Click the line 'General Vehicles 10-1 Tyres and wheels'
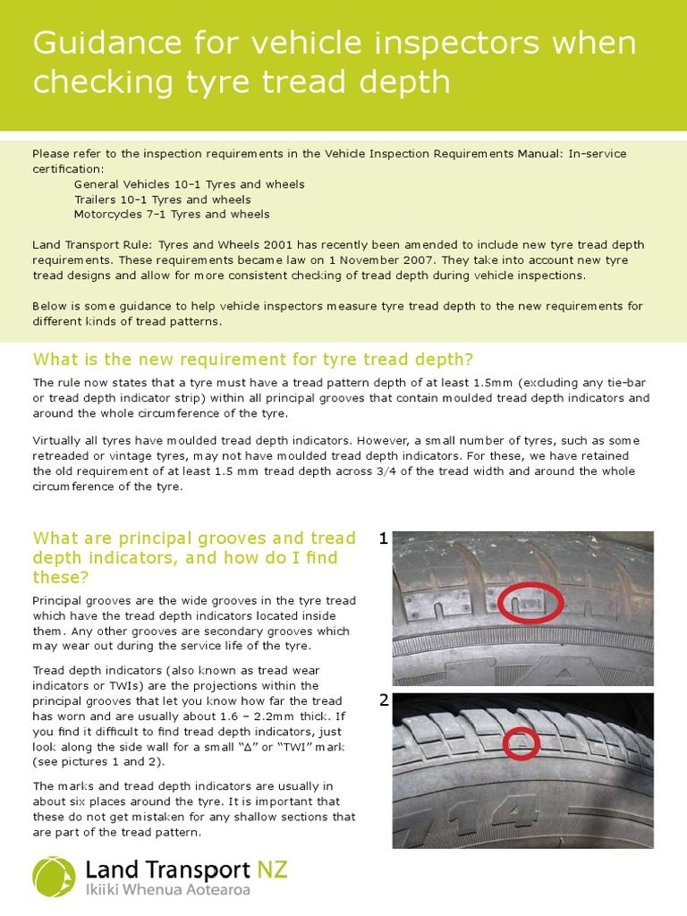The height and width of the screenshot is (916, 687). pyautogui.click(x=189, y=184)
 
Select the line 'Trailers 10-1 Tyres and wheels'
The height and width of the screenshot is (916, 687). pyautogui.click(x=162, y=199)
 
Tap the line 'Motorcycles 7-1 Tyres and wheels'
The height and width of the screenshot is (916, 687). pyautogui.click(x=171, y=215)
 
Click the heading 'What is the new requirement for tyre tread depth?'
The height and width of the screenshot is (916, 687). pyautogui.click(x=253, y=360)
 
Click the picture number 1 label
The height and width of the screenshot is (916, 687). pyautogui.click(x=383, y=539)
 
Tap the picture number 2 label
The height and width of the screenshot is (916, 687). pyautogui.click(x=383, y=700)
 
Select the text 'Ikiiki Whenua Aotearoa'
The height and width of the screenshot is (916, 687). pyautogui.click(x=167, y=890)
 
